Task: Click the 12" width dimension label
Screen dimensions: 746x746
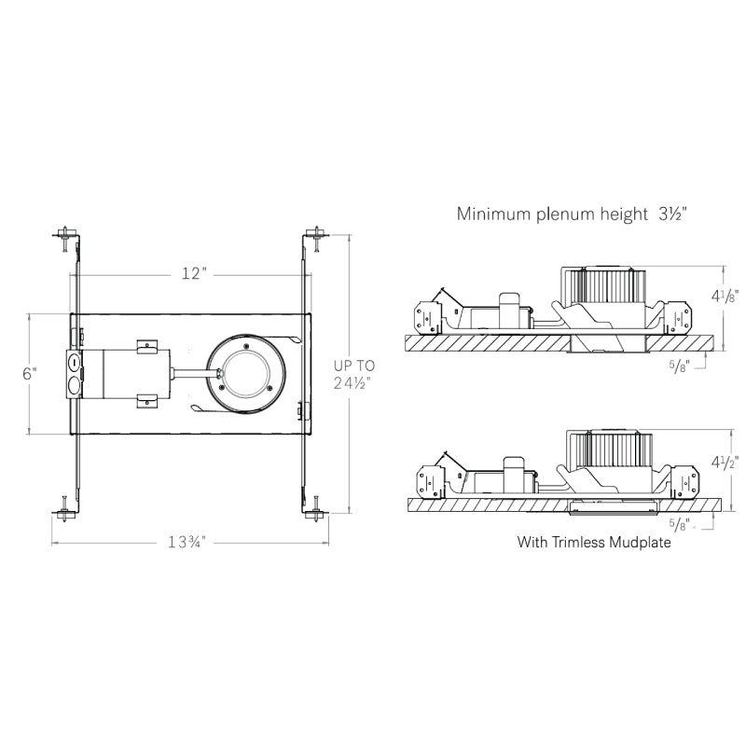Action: coord(195,273)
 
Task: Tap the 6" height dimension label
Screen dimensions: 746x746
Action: coord(30,374)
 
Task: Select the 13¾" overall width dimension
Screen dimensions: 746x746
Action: coord(186,542)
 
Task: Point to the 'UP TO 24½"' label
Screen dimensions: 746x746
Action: coord(354,374)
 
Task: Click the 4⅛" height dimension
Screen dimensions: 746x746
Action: coord(725,296)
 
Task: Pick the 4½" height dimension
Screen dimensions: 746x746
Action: coord(725,462)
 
